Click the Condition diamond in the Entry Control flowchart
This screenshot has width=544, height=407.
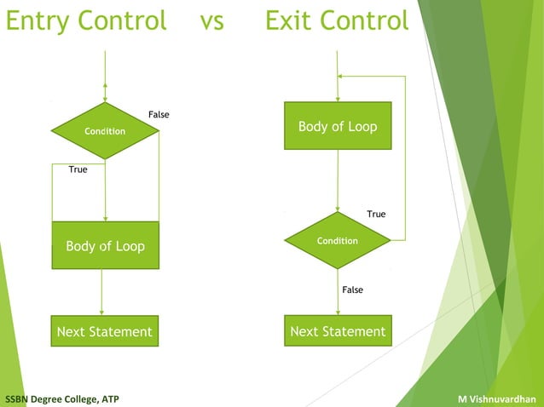point(105,131)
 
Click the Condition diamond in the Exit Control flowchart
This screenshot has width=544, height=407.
point(338,241)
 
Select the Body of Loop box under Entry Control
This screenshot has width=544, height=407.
point(105,246)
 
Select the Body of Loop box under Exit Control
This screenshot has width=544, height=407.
point(338,126)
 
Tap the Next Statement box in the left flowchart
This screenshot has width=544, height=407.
point(104,331)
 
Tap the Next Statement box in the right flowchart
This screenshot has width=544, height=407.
point(338,331)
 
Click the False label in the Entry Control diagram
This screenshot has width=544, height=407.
point(159,114)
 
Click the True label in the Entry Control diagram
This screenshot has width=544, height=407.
point(78,169)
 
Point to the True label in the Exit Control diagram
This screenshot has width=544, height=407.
point(376,214)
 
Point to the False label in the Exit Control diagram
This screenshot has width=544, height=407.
point(352,289)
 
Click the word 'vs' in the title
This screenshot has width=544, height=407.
point(211,20)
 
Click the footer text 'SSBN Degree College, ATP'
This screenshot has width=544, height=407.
point(62,398)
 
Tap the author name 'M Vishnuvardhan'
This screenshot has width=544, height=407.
point(496,398)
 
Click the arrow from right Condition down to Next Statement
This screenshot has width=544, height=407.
point(338,293)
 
